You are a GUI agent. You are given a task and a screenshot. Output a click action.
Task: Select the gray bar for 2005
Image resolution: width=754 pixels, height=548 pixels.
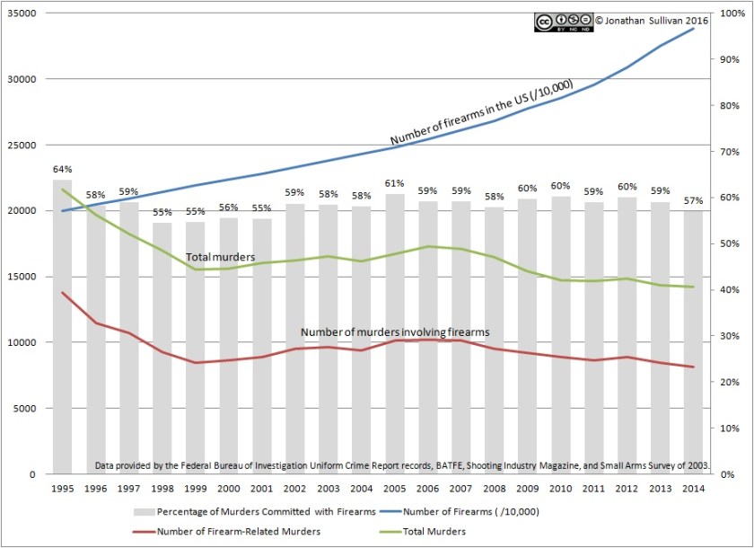[394, 333]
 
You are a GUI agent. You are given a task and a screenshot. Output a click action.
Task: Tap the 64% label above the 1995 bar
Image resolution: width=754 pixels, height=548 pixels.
[62, 169]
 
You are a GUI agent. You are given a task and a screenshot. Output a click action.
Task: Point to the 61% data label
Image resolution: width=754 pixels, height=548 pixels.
[394, 183]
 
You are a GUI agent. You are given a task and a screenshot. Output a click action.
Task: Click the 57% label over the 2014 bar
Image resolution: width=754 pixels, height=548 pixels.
[693, 200]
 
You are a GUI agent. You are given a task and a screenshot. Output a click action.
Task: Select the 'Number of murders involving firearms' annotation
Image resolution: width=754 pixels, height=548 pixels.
[395, 332]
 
